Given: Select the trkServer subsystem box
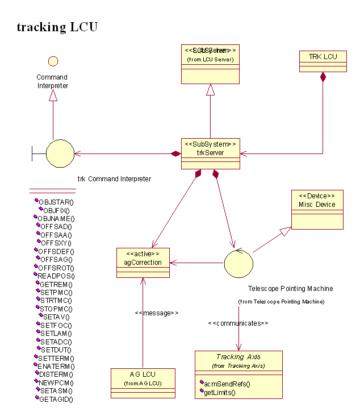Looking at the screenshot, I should [x=210, y=152].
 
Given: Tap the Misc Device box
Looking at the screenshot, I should [x=317, y=210].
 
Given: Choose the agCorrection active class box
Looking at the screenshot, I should [x=143, y=262].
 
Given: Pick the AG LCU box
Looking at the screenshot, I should [x=143, y=382].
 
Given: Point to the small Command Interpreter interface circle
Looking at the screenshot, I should [x=53, y=60].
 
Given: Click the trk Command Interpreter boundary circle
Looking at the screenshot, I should [x=60, y=153].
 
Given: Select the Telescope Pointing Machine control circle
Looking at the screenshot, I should [x=238, y=263].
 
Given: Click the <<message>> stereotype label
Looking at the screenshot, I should [x=157, y=313].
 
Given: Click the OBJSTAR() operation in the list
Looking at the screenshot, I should [x=56, y=202].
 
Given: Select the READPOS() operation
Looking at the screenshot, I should [x=56, y=276].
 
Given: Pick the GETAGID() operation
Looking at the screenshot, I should [x=56, y=399].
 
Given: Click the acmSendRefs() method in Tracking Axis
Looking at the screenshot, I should [x=227, y=384].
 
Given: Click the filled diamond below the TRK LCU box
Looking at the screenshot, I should [x=323, y=77].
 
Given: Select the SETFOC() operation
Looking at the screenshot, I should [x=56, y=325].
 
